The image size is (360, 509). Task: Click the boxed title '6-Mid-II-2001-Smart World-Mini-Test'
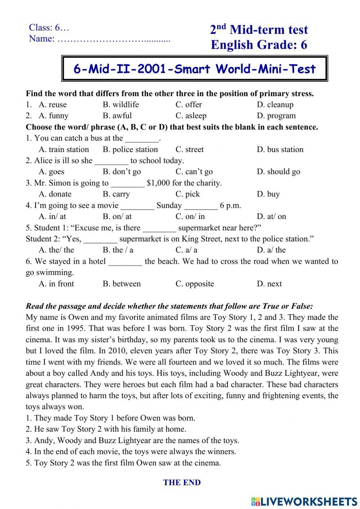tap(194, 68)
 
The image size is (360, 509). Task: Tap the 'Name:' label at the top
tap(41, 39)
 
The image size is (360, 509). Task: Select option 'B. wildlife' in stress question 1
tap(121, 104)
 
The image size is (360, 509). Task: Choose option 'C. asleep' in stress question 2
tap(191, 116)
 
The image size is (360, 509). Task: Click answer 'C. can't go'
tap(194, 171)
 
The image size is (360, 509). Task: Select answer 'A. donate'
tap(55, 194)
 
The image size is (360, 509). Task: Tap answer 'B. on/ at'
tap(117, 216)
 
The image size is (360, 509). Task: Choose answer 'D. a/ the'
tap(271, 250)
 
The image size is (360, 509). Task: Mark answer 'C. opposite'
tap(194, 283)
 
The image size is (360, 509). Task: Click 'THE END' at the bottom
tap(182, 482)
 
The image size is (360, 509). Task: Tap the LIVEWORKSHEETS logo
tap(304, 501)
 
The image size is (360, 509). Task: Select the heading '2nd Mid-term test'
tap(259, 30)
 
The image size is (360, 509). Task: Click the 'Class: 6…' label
tap(49, 27)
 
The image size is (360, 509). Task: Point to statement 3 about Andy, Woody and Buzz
tap(132, 440)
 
